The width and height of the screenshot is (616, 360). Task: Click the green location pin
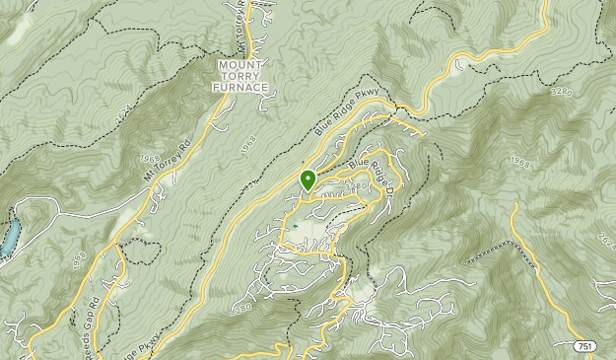coord(308,180)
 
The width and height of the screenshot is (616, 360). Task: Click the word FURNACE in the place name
coord(240,88)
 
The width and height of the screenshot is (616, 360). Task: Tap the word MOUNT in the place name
coord(240,64)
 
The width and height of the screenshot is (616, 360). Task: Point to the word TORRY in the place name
coord(240,76)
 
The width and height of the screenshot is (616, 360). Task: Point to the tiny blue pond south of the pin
coord(295,226)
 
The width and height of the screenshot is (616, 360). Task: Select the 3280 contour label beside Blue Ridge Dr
coord(357,185)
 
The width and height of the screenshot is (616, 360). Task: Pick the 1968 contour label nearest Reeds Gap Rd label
coord(80,260)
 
